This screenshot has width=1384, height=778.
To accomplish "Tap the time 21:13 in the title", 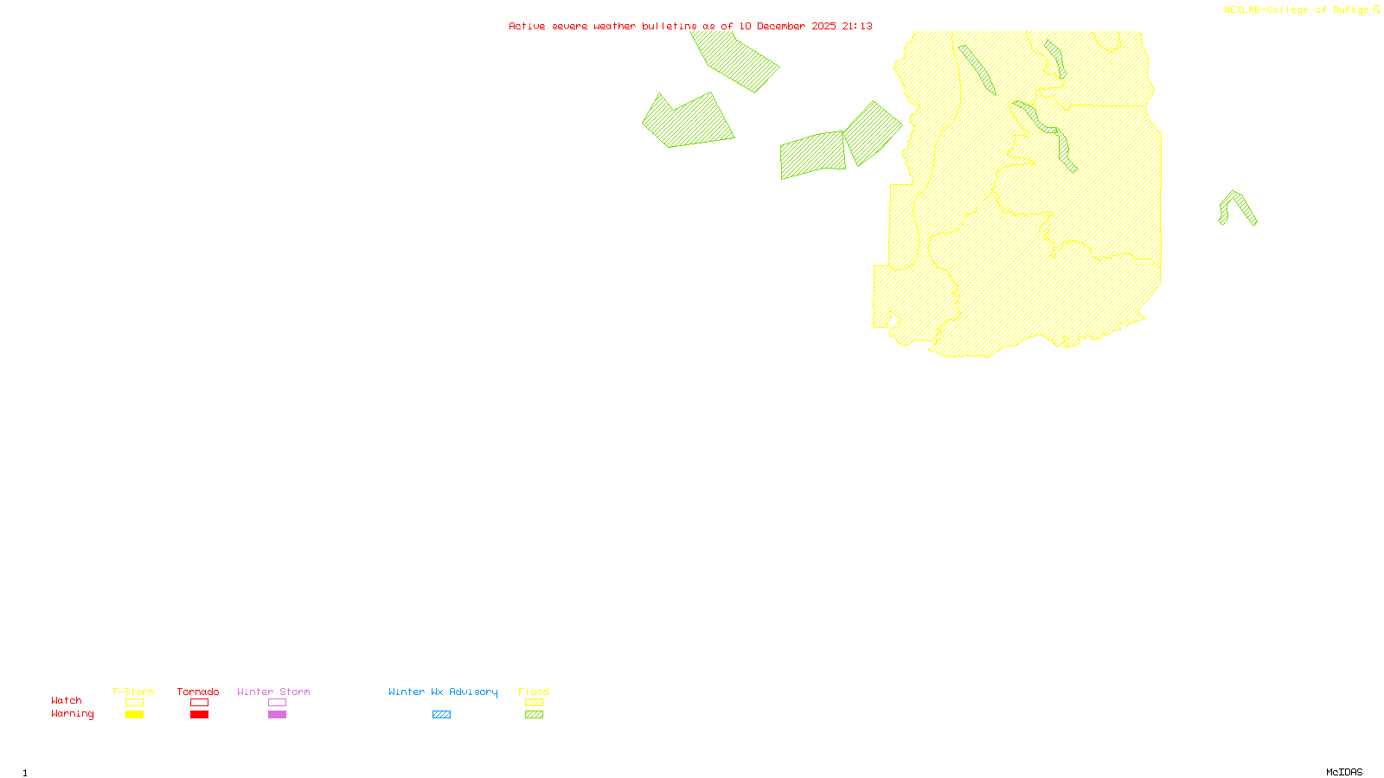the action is tap(857, 26).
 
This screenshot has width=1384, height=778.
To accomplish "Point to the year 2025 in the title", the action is tap(823, 26).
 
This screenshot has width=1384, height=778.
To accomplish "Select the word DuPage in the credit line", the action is tap(1350, 10).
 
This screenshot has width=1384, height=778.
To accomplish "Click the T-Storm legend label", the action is tap(133, 692).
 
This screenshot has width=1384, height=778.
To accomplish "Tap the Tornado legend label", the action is tap(198, 692).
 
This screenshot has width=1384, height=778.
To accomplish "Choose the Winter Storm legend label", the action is tap(273, 692).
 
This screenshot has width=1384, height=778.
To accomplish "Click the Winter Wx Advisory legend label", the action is tap(443, 692).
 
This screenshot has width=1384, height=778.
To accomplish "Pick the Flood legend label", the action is tap(534, 692).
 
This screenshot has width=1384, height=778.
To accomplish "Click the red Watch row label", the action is tap(67, 700).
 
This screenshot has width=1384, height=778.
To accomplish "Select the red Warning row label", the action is tap(72, 714).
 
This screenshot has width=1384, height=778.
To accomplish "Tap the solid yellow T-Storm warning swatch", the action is tap(134, 715).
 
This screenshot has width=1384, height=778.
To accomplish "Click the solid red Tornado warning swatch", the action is tap(200, 715).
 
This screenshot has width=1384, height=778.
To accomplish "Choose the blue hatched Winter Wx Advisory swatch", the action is tap(441, 715).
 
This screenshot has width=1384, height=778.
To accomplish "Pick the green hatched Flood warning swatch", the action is tap(535, 715).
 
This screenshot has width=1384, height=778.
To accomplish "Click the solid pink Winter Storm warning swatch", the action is tap(277, 715).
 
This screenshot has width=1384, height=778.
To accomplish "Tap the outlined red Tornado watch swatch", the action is tap(200, 703).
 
